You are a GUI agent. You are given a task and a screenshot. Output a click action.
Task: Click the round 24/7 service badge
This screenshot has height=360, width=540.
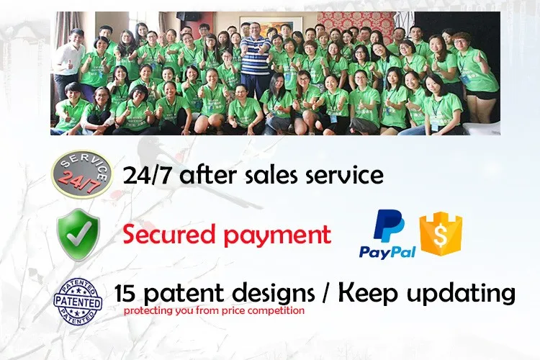pyautogui.click(x=82, y=174)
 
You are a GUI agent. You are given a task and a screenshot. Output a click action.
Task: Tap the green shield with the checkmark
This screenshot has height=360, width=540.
pyautogui.click(x=78, y=235)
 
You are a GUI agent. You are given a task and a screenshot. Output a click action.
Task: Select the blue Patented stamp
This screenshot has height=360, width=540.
pyautogui.click(x=78, y=302)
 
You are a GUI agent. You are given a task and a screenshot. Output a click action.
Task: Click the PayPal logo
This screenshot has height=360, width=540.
pyautogui.click(x=387, y=234)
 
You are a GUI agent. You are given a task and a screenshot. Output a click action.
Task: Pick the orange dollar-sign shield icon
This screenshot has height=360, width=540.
pyautogui.click(x=441, y=233)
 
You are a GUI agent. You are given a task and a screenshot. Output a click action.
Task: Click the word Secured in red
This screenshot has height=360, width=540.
pyautogui.click(x=168, y=234)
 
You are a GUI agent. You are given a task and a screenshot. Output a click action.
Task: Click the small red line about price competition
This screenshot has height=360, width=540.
pyautogui.click(x=214, y=311)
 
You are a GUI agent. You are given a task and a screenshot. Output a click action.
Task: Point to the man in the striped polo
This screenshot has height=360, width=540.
pyautogui.click(x=254, y=58)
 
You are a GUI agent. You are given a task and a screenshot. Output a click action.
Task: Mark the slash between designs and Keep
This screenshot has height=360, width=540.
pyautogui.click(x=326, y=294)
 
